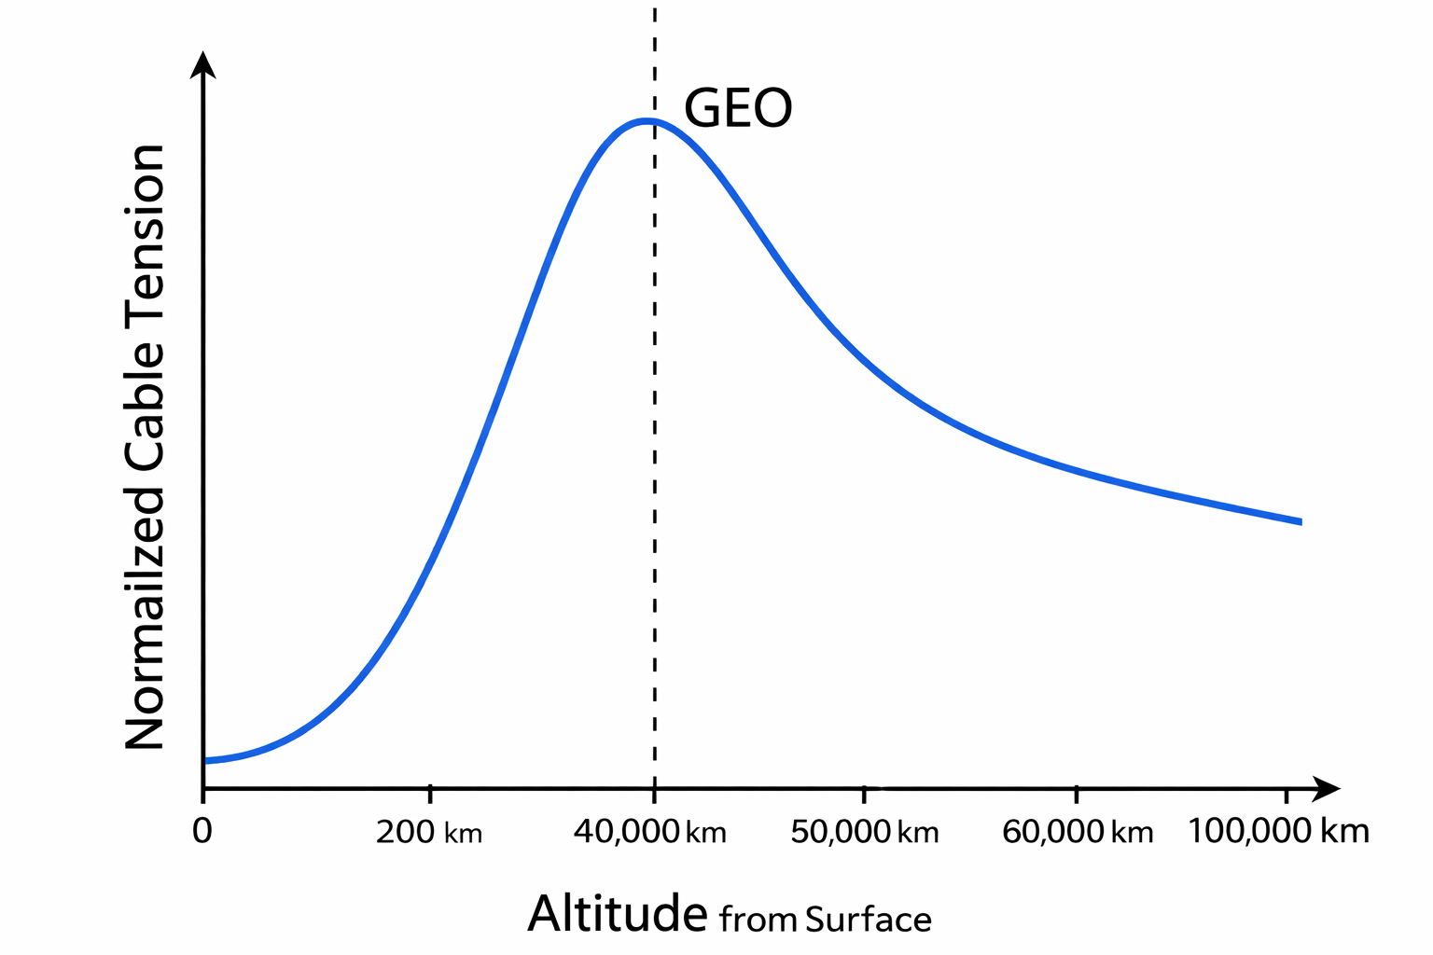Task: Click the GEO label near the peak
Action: click(738, 109)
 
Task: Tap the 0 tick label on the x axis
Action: click(202, 831)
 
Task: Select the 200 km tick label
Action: click(429, 832)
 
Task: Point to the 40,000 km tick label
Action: click(650, 832)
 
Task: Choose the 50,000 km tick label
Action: click(865, 832)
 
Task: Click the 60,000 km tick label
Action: click(1078, 832)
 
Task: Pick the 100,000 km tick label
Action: click(1279, 831)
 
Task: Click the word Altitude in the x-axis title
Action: click(618, 914)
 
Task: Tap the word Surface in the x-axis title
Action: click(869, 920)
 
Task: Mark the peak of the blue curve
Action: click(646, 120)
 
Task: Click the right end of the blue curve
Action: click(1300, 522)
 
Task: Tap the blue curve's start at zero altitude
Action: click(205, 761)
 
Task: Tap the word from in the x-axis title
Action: click(758, 920)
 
